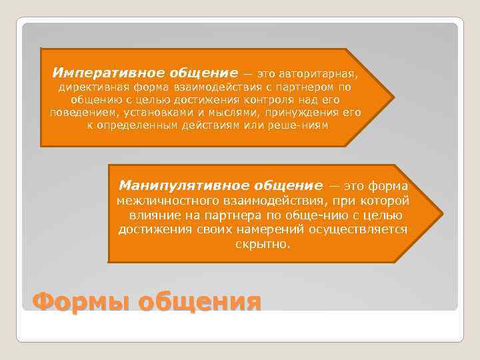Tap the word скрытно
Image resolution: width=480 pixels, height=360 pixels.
[263, 245]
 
